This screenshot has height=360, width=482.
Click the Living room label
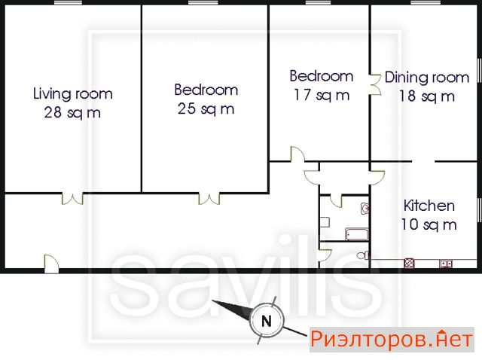73,93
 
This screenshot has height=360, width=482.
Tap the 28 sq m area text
72,112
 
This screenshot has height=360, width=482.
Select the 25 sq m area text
206,109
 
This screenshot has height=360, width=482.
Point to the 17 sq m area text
322,95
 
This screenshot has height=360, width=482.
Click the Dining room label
427,77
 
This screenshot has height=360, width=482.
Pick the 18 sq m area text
427,96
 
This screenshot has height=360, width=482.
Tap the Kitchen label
429,206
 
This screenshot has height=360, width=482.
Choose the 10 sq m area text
429,224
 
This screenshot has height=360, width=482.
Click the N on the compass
266,322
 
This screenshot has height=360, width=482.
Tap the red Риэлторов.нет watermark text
392,340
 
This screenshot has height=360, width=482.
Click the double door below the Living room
72,198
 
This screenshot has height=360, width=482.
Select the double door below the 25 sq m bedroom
209,198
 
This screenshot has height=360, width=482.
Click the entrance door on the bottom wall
51,264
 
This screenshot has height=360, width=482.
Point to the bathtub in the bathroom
356,234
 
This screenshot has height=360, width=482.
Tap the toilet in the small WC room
363,255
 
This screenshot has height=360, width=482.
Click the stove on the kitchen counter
409,264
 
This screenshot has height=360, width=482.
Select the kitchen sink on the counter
446,264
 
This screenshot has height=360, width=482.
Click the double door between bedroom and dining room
375,84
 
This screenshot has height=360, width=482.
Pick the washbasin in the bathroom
365,209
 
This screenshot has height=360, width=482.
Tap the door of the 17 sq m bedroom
297,154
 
